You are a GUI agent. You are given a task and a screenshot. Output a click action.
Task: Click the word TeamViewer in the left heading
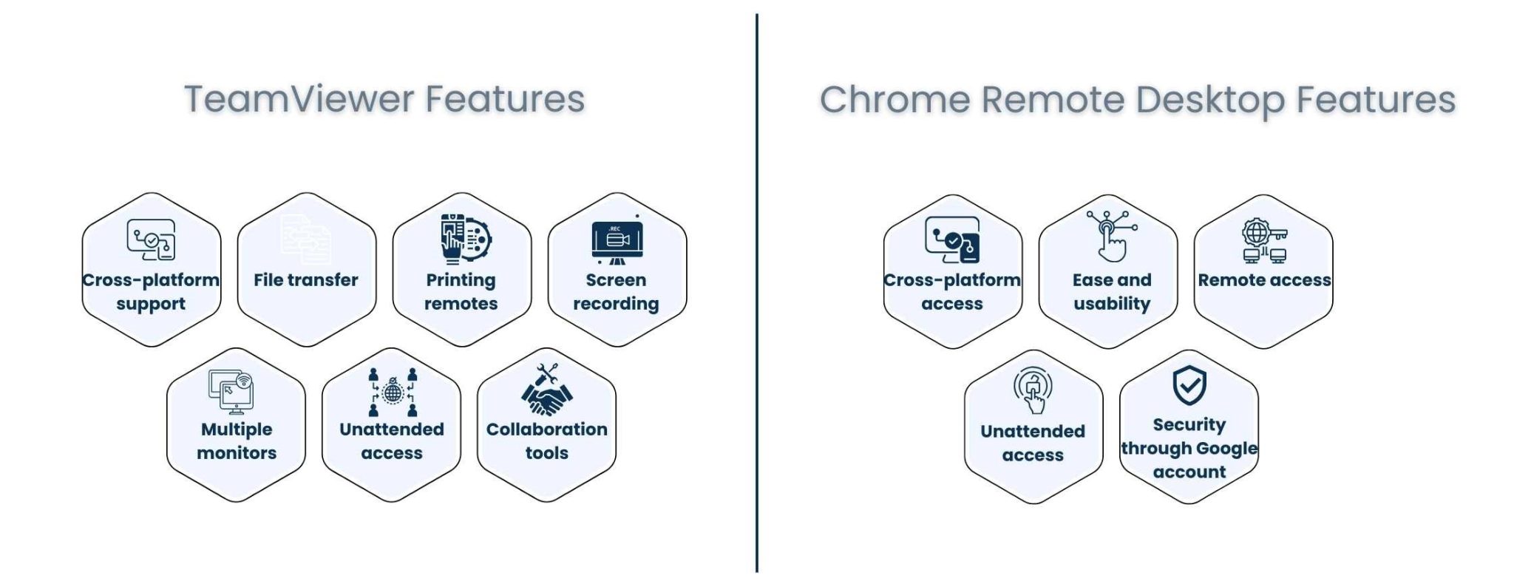click(299, 99)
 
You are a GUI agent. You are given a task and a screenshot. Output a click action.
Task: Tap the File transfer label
click(305, 280)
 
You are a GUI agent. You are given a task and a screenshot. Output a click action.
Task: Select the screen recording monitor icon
click(617, 241)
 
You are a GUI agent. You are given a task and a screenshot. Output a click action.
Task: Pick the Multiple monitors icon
click(231, 390)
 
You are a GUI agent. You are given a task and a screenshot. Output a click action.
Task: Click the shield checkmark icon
click(1189, 384)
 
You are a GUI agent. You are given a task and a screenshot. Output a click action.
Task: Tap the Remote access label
click(1264, 280)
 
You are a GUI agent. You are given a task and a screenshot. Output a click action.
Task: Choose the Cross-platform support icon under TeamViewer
click(152, 240)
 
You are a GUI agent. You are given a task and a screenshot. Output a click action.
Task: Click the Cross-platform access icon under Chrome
click(953, 240)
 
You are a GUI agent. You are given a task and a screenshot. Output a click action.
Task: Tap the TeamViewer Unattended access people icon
click(393, 392)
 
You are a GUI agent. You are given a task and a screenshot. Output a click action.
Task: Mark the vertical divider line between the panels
click(757, 296)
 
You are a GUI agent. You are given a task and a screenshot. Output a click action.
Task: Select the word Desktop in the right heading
click(1210, 99)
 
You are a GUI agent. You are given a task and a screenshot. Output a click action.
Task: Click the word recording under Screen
click(616, 304)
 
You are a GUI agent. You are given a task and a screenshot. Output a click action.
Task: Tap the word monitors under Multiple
click(237, 453)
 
